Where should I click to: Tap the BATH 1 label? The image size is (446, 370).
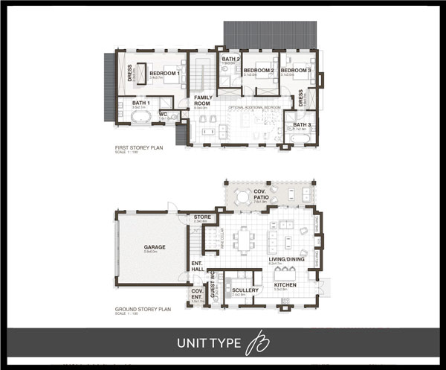coord(141,103)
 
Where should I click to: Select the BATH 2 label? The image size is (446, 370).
coord(230,59)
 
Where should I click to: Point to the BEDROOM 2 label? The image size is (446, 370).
coord(259,71)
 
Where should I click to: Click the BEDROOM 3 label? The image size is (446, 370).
coord(295,71)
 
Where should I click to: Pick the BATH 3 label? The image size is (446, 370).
coord(302,124)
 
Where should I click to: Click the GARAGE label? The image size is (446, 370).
coord(155,246)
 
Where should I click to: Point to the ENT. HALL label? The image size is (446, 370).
coord(198,266)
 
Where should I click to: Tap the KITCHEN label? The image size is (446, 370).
coord(286,285)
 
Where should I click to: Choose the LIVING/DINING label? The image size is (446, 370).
coord(287,260)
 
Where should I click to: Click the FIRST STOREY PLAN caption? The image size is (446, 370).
coord(139,147)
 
